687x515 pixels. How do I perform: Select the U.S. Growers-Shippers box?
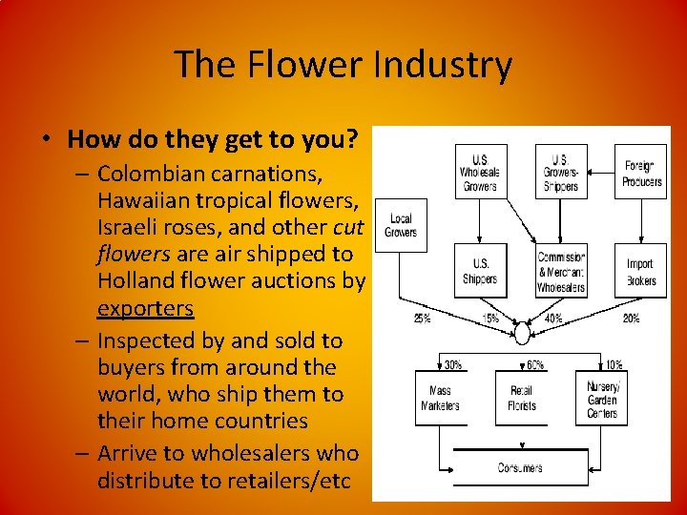point(560,172)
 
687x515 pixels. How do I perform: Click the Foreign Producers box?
point(641,172)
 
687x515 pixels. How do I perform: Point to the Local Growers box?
point(400,225)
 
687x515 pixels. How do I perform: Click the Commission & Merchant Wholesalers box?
point(561,271)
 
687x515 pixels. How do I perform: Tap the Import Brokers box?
point(640,271)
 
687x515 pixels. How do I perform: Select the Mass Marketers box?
point(440,399)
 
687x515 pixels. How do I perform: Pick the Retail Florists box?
point(522,399)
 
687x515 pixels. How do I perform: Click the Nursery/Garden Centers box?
point(602,399)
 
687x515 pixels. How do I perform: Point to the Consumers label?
point(520,467)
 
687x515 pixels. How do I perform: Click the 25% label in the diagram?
point(423,319)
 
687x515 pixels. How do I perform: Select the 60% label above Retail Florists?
point(535,364)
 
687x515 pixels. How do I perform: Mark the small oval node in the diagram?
point(522,333)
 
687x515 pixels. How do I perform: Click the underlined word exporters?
point(145,308)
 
